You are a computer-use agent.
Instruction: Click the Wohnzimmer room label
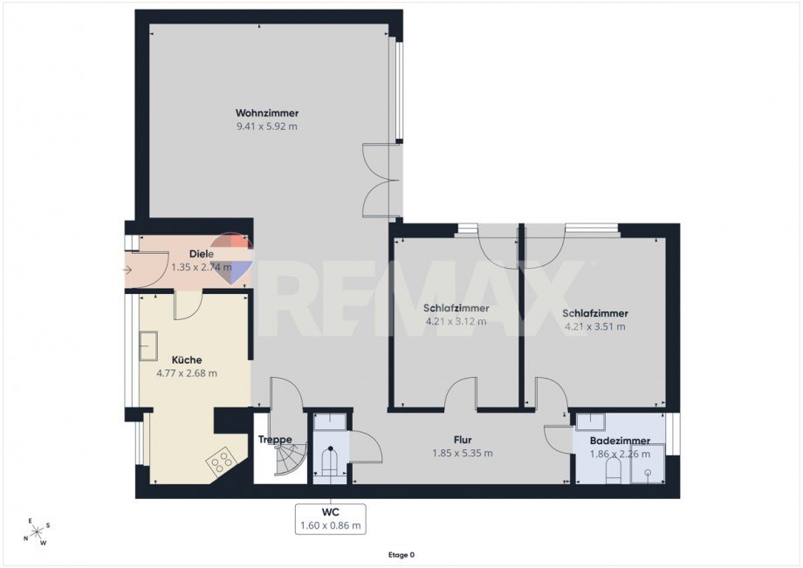point(267,113)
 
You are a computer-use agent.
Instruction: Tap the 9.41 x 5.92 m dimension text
point(267,127)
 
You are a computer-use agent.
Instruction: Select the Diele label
point(202,254)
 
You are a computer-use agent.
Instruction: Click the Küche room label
point(187,359)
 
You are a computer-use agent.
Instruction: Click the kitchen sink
point(148,346)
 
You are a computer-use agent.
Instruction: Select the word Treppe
point(275,439)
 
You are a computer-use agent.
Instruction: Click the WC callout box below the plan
point(330,519)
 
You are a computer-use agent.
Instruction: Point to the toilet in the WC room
point(330,460)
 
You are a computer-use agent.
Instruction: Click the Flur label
point(463,440)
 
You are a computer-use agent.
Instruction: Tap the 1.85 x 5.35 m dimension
point(463,453)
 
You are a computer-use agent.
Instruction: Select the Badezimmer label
point(620,441)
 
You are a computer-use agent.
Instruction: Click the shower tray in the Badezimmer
point(648,464)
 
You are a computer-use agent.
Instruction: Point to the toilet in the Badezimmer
point(613,471)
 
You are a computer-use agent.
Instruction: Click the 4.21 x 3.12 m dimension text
point(456,322)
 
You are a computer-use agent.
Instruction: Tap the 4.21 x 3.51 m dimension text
point(595,326)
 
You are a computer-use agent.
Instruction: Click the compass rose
point(37,532)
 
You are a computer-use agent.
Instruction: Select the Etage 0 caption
point(401,555)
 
